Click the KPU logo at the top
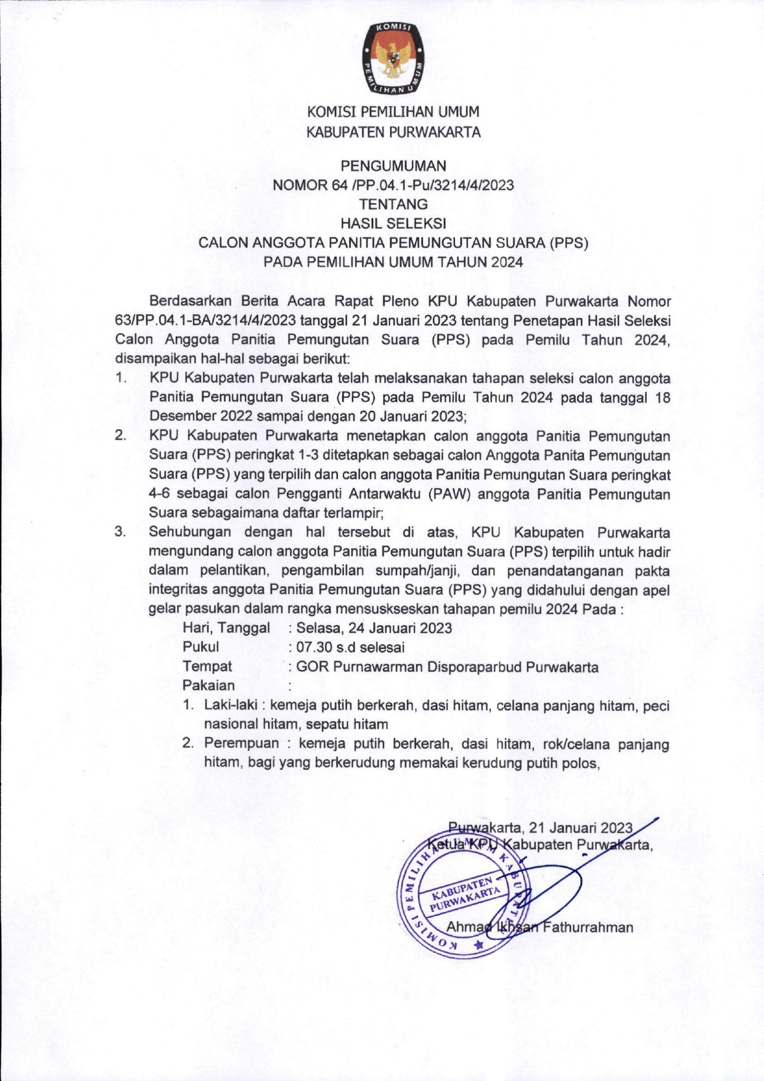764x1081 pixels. click(x=392, y=60)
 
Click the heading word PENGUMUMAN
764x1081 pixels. click(x=393, y=165)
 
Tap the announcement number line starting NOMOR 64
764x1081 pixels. click(x=393, y=184)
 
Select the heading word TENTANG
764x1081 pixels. click(x=393, y=204)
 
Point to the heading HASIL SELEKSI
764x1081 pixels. click(x=393, y=223)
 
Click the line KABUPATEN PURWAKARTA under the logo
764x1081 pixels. click(x=393, y=132)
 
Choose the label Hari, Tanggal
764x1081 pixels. click(x=226, y=628)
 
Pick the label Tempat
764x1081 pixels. click(x=207, y=666)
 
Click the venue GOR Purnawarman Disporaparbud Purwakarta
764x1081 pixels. click(x=447, y=667)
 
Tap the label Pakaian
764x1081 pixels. click(x=208, y=685)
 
